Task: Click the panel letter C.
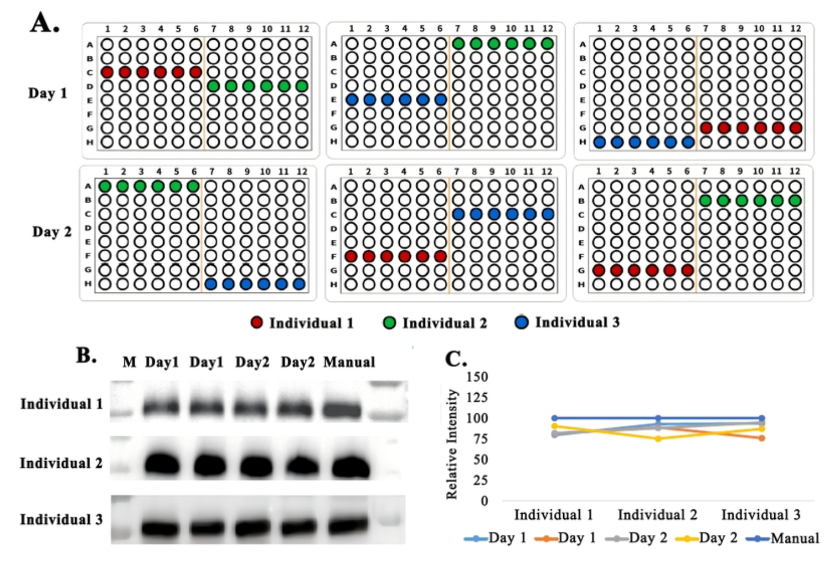tap(455, 359)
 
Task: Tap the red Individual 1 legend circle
tap(257, 323)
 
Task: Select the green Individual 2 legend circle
tap(389, 323)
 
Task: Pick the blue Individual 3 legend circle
tap(521, 322)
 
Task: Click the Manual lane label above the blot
tap(349, 362)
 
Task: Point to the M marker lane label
tap(129, 362)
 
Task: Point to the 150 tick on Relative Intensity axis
tap(477, 377)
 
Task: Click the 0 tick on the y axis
tap(484, 501)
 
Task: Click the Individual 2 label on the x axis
tap(657, 515)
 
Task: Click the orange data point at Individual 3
tap(762, 438)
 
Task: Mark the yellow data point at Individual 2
tap(658, 439)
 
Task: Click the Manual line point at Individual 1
tap(555, 418)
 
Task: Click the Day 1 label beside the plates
tap(48, 93)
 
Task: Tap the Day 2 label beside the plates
tap(52, 232)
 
